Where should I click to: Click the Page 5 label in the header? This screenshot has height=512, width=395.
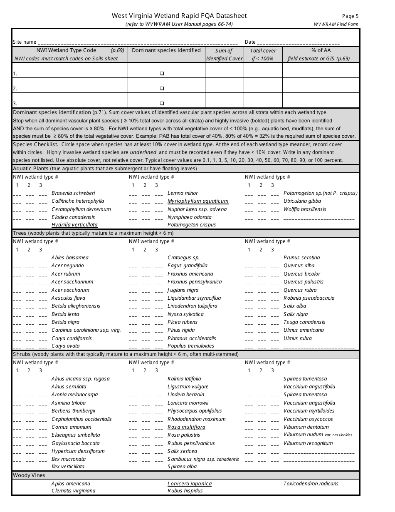[350, 16]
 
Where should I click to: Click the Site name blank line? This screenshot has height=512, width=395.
[137, 42]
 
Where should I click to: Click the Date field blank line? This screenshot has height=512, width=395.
[298, 42]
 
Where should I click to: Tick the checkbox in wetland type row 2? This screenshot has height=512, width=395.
[162, 88]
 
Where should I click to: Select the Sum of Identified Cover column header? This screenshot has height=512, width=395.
[224, 55]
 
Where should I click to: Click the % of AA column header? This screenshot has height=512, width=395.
[321, 50]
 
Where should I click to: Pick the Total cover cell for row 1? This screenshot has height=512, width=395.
[263, 70]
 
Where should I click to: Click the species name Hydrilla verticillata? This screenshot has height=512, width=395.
[74, 225]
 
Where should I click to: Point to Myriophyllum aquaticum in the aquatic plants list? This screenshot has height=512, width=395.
[198, 201]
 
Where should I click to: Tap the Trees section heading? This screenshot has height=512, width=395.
[93, 233]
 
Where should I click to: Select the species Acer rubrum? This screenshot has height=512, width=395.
[66, 274]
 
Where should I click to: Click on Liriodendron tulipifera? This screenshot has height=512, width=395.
[192, 306]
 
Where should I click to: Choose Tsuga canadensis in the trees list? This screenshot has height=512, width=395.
[304, 322]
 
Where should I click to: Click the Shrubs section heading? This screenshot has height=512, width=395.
[126, 354]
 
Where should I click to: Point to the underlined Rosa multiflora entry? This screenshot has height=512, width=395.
[186, 427]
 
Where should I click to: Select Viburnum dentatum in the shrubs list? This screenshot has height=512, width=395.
[306, 427]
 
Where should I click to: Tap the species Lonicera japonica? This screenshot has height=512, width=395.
[190, 484]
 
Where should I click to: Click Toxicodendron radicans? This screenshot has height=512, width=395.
[311, 484]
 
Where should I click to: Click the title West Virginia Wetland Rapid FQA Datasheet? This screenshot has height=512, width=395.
[179, 16]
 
